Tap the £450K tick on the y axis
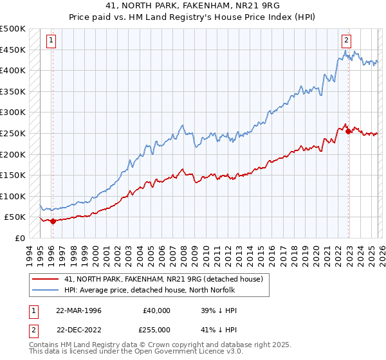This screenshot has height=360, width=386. point(13,50)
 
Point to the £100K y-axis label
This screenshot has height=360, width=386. point(13,196)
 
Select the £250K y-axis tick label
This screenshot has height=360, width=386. point(13,133)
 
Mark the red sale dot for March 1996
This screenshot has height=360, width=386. point(53,221)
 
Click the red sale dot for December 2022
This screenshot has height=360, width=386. point(349,131)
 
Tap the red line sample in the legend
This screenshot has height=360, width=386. point(45,280)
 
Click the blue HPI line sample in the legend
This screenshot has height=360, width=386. point(45,290)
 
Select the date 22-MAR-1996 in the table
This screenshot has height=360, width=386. point(78,310)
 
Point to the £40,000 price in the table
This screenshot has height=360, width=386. point(156,310)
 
